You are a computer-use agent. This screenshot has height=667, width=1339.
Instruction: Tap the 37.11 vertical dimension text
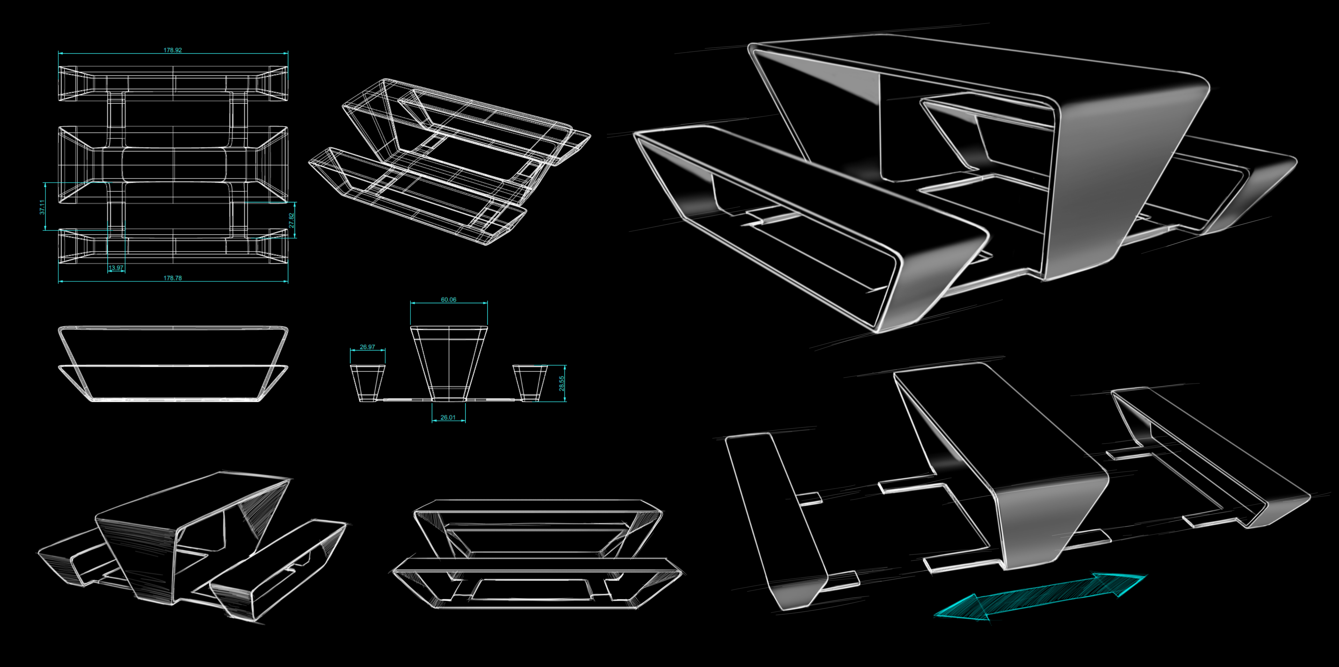[x=43, y=207]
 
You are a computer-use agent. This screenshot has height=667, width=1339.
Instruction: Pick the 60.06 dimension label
[x=449, y=300]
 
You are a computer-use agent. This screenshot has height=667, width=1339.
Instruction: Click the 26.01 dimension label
[x=448, y=417]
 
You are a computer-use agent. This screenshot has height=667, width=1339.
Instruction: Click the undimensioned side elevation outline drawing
[x=173, y=364]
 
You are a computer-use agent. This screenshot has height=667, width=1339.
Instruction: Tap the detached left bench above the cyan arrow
[x=780, y=520]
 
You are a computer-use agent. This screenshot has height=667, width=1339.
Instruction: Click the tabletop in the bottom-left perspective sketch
[x=192, y=499]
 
